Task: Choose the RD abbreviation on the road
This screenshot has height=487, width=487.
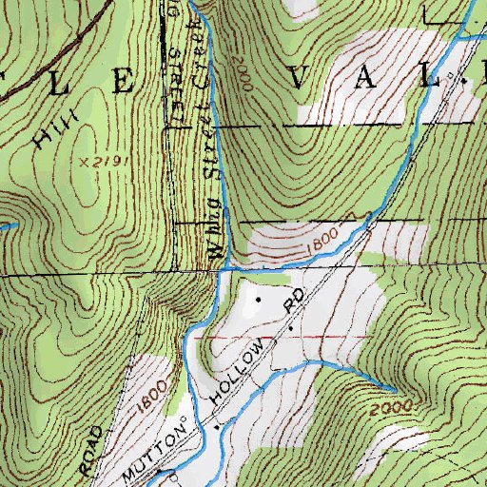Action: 296,304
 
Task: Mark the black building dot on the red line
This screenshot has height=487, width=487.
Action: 290,328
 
